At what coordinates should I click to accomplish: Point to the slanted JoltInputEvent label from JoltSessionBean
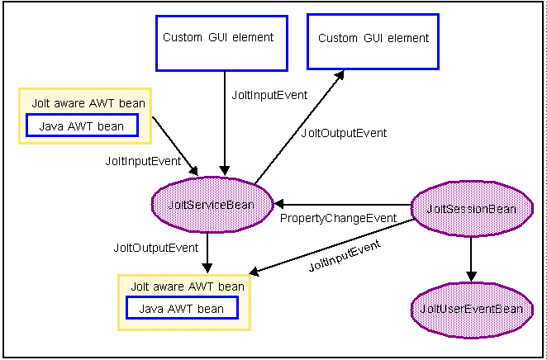point(345,256)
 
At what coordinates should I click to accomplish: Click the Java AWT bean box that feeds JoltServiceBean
point(82,126)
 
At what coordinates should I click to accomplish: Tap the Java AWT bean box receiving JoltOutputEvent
point(182,309)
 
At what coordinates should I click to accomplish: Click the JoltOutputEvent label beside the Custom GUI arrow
point(332,132)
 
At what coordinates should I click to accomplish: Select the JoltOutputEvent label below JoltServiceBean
point(155,247)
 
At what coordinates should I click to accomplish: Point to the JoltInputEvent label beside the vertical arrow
point(269,95)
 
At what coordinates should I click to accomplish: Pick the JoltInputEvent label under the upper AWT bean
point(143,161)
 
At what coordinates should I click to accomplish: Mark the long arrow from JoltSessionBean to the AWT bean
point(331,247)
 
